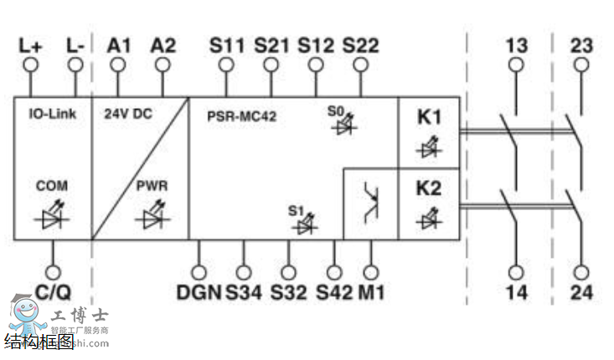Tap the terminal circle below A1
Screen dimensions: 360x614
point(120,64)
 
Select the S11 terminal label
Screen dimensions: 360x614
point(226,45)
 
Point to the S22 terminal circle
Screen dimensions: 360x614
point(360,64)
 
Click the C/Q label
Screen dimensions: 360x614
point(53,292)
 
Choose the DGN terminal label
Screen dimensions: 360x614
point(199,292)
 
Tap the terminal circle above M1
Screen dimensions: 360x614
point(371,271)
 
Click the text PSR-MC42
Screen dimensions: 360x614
point(242,116)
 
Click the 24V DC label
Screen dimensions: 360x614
point(126,112)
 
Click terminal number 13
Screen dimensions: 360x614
point(516,44)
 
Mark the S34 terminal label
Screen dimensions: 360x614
point(243,292)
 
